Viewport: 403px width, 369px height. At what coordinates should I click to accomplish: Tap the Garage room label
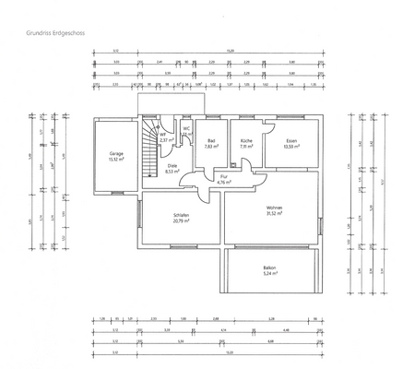pyautogui.click(x=115, y=153)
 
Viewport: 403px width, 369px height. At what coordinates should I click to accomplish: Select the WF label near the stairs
pyautogui.click(x=162, y=135)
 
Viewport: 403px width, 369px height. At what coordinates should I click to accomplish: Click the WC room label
pyautogui.click(x=185, y=128)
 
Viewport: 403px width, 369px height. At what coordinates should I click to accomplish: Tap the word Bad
pyautogui.click(x=211, y=140)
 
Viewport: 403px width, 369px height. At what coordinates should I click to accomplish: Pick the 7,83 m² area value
pyautogui.click(x=211, y=146)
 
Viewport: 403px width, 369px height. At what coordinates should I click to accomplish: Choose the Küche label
pyautogui.click(x=245, y=140)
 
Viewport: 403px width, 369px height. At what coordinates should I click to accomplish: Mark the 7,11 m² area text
pyautogui.click(x=245, y=146)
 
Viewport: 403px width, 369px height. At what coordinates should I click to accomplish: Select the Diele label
pyautogui.click(x=172, y=165)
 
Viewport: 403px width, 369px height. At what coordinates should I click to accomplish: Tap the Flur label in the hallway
pyautogui.click(x=223, y=176)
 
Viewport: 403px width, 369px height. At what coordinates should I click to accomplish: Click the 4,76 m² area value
pyautogui.click(x=223, y=182)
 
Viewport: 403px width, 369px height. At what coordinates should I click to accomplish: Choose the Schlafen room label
pyautogui.click(x=181, y=216)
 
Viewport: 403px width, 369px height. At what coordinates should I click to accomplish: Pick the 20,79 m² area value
pyautogui.click(x=181, y=221)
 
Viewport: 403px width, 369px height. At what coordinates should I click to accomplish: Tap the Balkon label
pyautogui.click(x=269, y=268)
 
